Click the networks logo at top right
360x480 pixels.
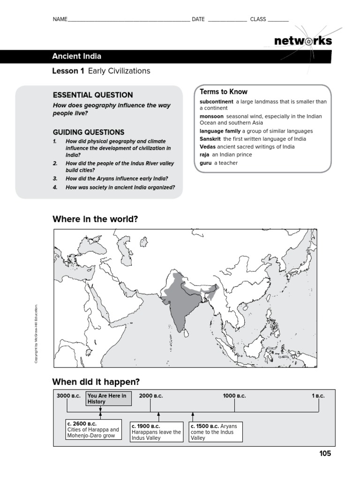(303, 41)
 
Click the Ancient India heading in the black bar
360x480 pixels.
(76, 57)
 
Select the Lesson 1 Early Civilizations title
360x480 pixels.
(101, 71)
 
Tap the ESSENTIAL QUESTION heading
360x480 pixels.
(93, 95)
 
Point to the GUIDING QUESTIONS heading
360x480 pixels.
(89, 132)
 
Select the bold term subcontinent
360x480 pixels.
(216, 102)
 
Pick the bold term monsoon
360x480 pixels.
(211, 116)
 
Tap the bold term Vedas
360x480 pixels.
(208, 147)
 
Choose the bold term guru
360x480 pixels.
(205, 163)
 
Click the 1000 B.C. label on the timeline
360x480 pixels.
(234, 396)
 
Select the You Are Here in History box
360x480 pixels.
(109, 398)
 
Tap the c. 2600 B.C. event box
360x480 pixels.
(93, 429)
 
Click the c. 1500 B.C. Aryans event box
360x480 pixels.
(216, 432)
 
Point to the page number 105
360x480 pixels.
(325, 453)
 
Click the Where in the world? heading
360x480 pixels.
(95, 219)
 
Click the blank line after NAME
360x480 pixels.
(129, 20)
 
